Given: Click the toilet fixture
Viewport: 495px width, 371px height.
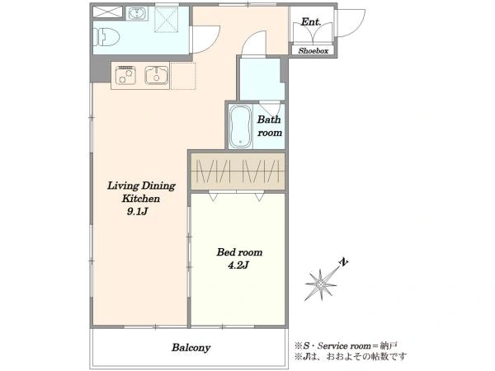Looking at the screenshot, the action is tap(106, 37).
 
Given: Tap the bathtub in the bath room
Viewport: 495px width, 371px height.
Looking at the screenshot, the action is tap(240, 126).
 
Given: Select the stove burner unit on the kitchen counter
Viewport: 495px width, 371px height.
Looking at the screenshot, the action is tap(125, 75).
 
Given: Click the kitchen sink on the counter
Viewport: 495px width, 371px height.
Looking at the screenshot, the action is tap(156, 75).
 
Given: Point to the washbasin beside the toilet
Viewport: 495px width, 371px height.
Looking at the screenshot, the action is tap(137, 13).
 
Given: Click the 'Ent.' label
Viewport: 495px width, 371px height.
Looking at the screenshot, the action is tap(311, 21).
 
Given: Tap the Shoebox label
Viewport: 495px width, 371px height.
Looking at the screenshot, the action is tap(313, 50).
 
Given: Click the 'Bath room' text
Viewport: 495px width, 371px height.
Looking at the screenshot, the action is tap(269, 126).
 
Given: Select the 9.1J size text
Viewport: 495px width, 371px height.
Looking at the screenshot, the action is tap(137, 211).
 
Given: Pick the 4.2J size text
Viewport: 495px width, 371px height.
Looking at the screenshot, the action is tap(238, 265).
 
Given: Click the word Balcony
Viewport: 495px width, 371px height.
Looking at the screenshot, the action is tap(191, 348).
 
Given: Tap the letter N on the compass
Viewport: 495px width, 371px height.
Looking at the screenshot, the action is tap(343, 262).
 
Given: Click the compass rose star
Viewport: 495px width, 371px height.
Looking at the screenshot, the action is tap(321, 285).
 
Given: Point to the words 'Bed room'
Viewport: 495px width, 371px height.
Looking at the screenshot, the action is tap(239, 252).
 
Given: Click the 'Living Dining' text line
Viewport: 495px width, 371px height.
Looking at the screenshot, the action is tap(141, 185).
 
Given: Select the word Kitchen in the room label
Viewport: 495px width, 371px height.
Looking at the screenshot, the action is tap(141, 199).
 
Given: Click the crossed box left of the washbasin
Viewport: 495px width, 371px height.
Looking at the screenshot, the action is tap(107, 12).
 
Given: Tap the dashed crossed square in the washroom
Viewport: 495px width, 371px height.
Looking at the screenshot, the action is tap(167, 20).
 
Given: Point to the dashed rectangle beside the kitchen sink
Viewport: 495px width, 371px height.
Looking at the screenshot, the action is tap(183, 76).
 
